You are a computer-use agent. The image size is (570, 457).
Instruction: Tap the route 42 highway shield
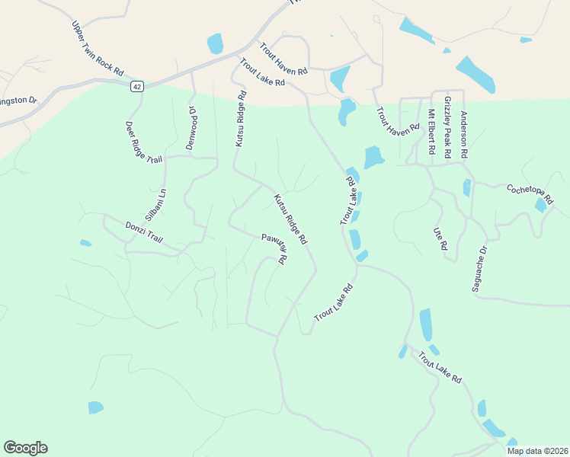click(x=136, y=86)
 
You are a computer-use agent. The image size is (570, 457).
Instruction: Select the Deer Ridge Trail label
click(x=144, y=142)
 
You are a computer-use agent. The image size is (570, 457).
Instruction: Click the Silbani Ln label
click(x=155, y=204)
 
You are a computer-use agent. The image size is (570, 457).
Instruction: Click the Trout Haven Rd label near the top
click(x=283, y=59)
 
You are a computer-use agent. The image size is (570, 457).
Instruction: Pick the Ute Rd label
click(x=440, y=238)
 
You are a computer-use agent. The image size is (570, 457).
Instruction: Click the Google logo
click(x=25, y=448)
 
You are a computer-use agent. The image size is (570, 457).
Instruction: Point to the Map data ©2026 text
click(x=536, y=451)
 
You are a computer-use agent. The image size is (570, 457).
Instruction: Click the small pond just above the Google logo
click(x=95, y=407)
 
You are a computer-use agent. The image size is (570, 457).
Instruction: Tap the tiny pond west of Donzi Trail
click(x=85, y=244)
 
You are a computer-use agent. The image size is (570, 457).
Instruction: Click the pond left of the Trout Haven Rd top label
click(x=216, y=43)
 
